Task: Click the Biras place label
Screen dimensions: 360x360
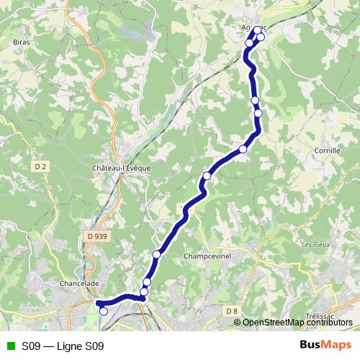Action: point(20,42)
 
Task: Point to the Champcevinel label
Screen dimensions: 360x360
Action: point(205,256)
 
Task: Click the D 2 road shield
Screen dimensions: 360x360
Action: point(40,167)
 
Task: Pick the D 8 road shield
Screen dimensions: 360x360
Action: point(231,311)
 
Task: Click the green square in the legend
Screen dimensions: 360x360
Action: point(10,346)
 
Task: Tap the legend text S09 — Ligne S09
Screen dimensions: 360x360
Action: point(63,346)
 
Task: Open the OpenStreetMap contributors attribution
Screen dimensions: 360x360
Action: point(297,322)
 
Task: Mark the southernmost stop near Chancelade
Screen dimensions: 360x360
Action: point(104,311)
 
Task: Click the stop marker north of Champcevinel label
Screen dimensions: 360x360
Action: point(156,253)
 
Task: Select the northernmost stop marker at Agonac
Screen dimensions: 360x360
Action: point(257,30)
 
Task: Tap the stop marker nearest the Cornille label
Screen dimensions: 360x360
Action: point(258,113)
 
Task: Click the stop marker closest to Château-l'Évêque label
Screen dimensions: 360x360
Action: point(207,175)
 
